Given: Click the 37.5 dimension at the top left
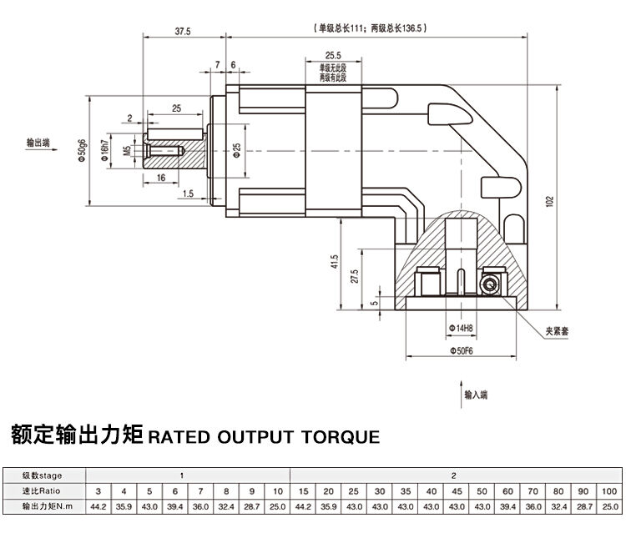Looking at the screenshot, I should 183,32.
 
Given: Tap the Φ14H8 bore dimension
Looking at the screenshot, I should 461,329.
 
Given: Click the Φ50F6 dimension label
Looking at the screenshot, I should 462,352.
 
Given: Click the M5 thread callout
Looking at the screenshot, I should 127,151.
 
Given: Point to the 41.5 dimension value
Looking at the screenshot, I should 334,261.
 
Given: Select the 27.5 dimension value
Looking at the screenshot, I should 355,277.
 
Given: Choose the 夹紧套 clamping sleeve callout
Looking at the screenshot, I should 558,331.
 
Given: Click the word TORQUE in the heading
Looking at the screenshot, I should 338,436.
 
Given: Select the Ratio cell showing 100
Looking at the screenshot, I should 609,490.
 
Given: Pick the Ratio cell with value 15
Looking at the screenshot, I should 303,490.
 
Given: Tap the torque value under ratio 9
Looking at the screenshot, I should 252,505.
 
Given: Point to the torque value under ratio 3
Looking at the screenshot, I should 98,505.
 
